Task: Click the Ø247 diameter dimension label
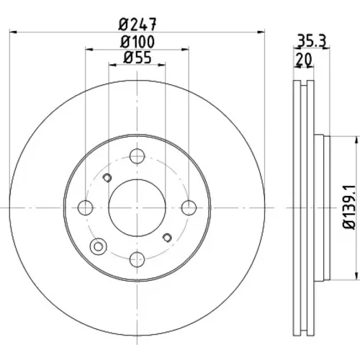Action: [138, 24]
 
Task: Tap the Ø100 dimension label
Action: [138, 42]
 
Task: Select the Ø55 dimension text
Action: [138, 58]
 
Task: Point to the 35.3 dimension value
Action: [312, 40]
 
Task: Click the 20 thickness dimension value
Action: [304, 59]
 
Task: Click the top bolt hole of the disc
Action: [137, 156]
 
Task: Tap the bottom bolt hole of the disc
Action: [137, 259]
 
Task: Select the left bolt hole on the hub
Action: [86, 207]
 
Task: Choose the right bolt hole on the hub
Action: [189, 207]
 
